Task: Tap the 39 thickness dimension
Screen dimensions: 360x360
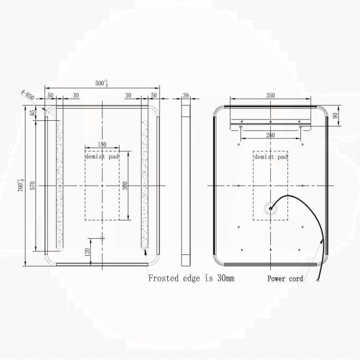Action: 186,95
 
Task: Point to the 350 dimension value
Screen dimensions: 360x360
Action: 270,95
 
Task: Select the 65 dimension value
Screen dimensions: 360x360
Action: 33,112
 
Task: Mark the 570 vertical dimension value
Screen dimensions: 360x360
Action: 33,186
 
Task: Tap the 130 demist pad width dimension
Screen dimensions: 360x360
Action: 102,145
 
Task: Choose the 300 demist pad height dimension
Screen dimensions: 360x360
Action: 125,186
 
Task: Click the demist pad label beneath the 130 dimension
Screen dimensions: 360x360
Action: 102,157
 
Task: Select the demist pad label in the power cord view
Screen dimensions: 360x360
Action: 270,157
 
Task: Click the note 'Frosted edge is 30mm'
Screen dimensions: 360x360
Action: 191,278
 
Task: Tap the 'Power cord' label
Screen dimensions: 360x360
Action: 285,279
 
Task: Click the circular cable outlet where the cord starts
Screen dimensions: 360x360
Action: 270,209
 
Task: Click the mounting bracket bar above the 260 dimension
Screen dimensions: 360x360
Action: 270,121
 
